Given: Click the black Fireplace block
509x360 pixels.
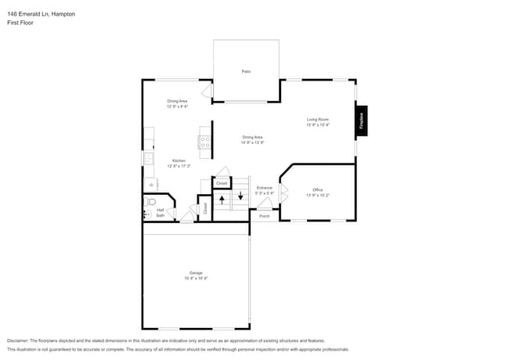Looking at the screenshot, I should [x=362, y=121].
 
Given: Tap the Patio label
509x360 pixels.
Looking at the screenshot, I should [x=245, y=71].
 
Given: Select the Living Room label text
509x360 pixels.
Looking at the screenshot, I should [x=317, y=119].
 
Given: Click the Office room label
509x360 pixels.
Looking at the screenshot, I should [x=317, y=189].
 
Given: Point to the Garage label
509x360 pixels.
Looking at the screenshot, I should [x=195, y=272].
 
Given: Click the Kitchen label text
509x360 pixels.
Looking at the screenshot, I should [x=179, y=160].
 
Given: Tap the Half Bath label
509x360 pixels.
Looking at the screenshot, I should [x=160, y=212].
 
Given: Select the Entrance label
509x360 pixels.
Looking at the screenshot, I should [x=265, y=188].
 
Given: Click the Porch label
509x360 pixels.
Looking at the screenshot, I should [x=265, y=216].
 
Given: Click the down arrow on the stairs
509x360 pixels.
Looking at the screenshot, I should [x=240, y=196].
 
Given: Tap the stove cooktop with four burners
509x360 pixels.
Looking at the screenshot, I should [x=204, y=142].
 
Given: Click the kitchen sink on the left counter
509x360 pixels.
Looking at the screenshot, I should [x=146, y=159].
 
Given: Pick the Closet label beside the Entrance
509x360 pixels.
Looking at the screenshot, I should [x=222, y=182].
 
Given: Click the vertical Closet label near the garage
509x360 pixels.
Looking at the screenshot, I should [x=205, y=208].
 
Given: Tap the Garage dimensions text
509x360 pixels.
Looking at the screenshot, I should [x=195, y=278].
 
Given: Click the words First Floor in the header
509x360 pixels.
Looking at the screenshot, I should [x=20, y=23].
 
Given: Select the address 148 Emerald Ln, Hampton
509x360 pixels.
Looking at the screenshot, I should [x=42, y=13].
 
